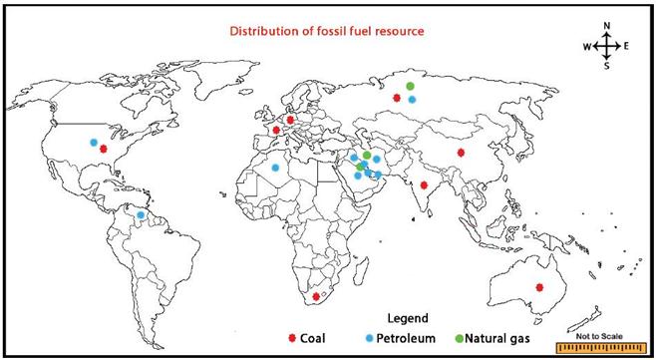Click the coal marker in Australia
click(x=539, y=288)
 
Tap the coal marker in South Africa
click(x=316, y=296)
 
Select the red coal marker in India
click(x=425, y=185)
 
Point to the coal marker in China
click(x=461, y=153)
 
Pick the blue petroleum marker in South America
click(x=142, y=214)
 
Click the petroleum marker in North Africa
click(x=275, y=168)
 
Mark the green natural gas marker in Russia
click(x=410, y=88)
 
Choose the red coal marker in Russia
click(x=398, y=98)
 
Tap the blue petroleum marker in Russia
click(x=412, y=100)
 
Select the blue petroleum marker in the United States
click(x=95, y=142)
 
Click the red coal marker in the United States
click(x=104, y=149)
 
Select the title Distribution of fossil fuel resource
click(x=328, y=31)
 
